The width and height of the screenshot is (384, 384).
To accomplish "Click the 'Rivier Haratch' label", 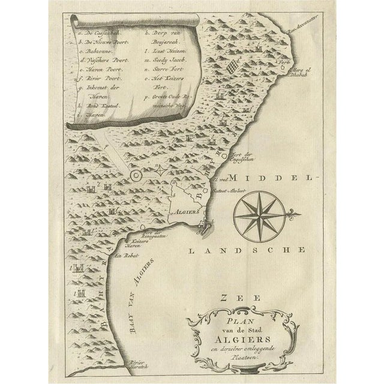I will pyautogui.click(x=137, y=365).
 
